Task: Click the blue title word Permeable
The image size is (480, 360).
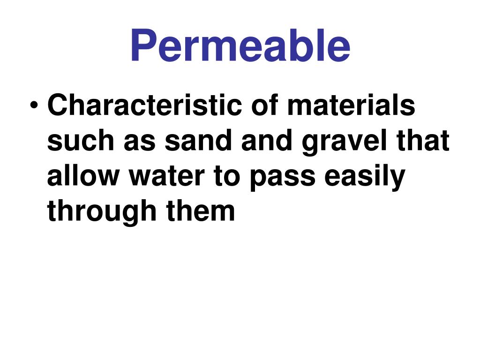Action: [240, 46]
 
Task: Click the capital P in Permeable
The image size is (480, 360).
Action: [143, 46]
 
